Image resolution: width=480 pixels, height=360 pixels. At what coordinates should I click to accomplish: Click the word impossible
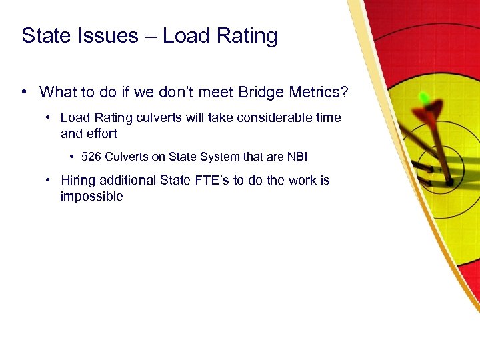click(x=91, y=196)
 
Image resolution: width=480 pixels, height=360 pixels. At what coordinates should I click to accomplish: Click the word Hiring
click(x=78, y=180)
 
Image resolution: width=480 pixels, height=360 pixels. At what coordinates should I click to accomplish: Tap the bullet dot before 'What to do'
click(x=25, y=91)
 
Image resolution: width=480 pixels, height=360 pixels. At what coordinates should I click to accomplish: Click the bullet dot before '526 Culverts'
click(x=71, y=157)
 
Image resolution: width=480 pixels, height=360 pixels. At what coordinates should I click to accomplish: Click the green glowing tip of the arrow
click(x=423, y=98)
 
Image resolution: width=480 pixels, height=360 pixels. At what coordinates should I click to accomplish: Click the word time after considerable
click(x=326, y=117)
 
